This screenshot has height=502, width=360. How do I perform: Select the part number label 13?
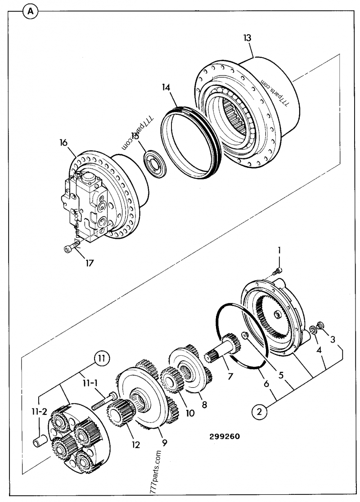pyautogui.click(x=247, y=39)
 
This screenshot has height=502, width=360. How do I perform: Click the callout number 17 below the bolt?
pyautogui.click(x=89, y=263)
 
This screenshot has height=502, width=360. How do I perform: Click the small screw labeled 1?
pyautogui.click(x=277, y=270)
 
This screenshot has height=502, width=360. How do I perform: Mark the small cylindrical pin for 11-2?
pyautogui.click(x=39, y=440)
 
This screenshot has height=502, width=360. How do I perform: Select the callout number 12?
pyautogui.click(x=135, y=445)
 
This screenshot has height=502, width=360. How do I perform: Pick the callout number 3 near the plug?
pyautogui.click(x=332, y=339)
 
